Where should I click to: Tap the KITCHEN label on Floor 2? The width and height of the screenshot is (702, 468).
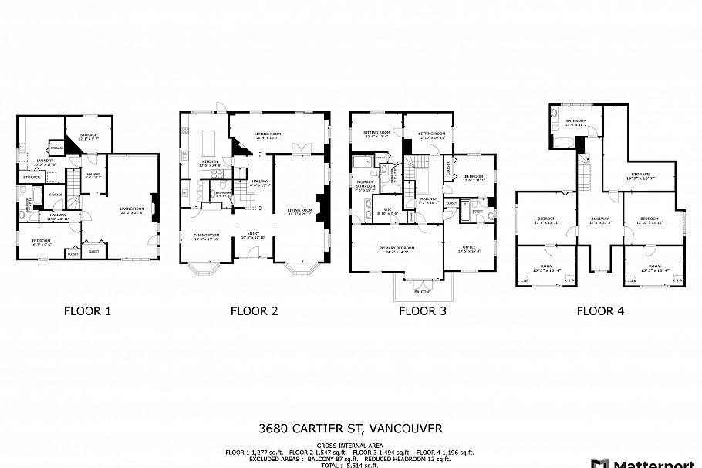pos(211,161)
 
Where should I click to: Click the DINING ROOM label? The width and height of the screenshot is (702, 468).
pos(206,235)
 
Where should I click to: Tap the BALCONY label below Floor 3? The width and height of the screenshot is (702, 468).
pos(421,292)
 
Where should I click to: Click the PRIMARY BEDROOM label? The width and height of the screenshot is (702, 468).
pos(397,248)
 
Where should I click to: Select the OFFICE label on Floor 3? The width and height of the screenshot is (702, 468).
pos(470,248)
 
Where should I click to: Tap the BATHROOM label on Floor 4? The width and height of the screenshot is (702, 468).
pos(576,120)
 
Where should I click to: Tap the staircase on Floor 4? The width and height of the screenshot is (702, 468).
pos(586,175)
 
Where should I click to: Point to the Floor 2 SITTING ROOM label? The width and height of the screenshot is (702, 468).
pos(267,134)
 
